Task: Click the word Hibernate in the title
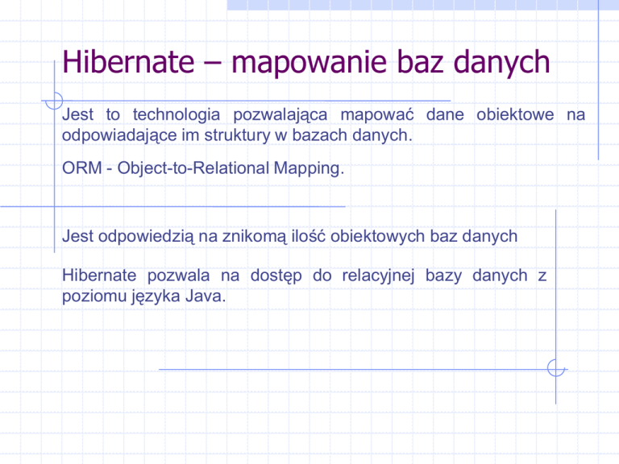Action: (128, 61)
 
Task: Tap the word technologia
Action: (177, 115)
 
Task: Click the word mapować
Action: (377, 115)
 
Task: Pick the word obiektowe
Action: (515, 114)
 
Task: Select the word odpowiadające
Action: (119, 135)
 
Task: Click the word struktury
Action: (237, 135)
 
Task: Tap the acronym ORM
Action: (82, 168)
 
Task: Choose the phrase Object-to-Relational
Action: (193, 168)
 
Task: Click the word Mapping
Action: (309, 169)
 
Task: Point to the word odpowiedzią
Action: (146, 237)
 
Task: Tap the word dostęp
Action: (276, 276)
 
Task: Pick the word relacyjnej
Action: (378, 276)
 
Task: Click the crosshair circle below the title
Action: (54, 101)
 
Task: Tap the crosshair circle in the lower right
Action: (556, 368)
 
